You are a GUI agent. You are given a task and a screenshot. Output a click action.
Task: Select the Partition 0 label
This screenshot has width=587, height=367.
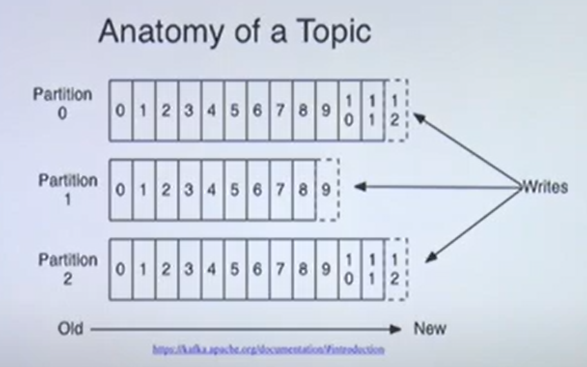[62, 104]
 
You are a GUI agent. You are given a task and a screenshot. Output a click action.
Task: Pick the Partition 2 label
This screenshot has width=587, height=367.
[67, 269]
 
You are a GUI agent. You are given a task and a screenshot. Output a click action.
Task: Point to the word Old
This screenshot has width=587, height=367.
[70, 329]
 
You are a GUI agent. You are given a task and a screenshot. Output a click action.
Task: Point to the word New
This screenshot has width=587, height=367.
[429, 329]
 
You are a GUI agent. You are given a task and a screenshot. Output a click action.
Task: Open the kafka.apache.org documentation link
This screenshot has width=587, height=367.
[268, 349]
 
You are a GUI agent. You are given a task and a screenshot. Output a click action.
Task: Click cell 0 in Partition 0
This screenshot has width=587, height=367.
[120, 110]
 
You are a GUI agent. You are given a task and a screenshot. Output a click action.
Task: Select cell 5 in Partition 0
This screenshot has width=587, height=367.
[235, 110]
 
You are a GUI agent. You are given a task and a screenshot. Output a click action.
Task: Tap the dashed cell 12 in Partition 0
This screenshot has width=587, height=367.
[396, 110]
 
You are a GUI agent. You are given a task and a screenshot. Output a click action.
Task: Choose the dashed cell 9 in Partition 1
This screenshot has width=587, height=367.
[326, 190]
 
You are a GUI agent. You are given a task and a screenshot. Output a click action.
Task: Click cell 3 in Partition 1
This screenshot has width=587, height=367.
[189, 190]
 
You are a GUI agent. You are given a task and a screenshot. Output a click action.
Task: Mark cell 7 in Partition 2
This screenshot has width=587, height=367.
[281, 269]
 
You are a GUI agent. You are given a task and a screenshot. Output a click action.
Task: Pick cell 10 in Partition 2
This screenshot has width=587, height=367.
[348, 269]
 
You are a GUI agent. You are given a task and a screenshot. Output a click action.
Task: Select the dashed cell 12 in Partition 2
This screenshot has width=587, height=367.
[396, 269]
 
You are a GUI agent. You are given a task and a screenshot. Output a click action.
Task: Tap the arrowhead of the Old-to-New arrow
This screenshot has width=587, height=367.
[396, 329]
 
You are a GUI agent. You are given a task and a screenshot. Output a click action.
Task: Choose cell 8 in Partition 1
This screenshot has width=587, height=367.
[303, 190]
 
